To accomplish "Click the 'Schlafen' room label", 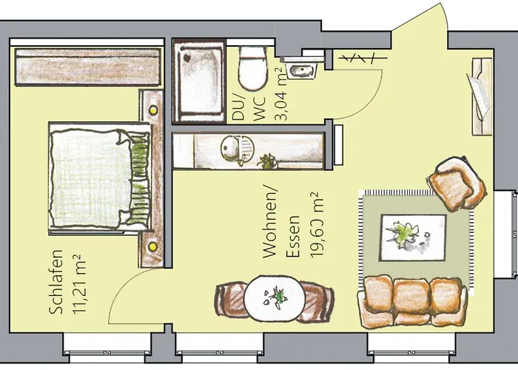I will [x=55, y=286].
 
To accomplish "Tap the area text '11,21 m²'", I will [x=78, y=286].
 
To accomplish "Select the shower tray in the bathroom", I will [x=198, y=80].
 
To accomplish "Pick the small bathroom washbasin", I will [x=302, y=71].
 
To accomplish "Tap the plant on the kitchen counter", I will [x=266, y=159].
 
